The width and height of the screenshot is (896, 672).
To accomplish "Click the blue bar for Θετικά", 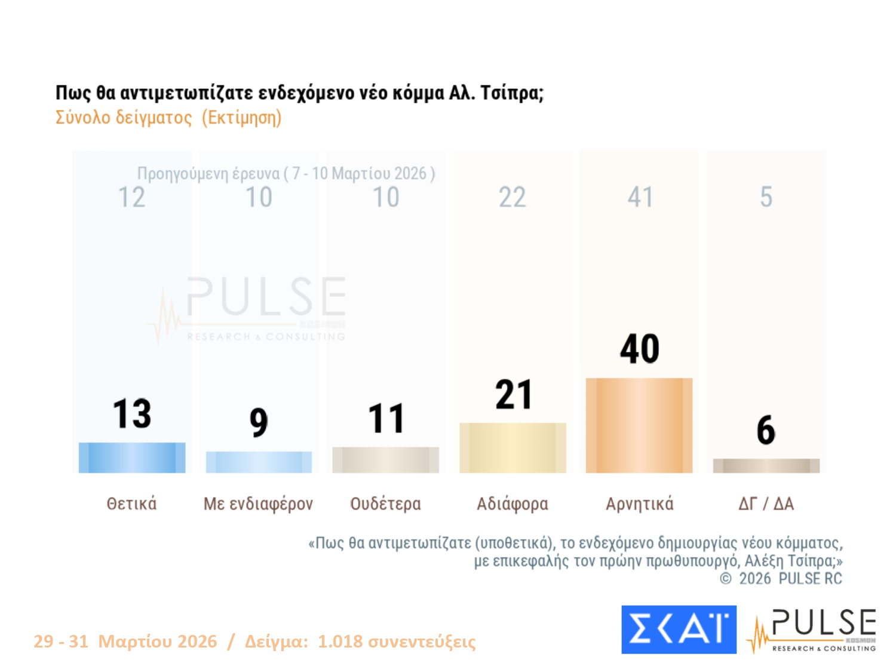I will pyautogui.click(x=132, y=458).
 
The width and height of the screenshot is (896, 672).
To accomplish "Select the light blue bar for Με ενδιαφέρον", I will pyautogui.click(x=259, y=462).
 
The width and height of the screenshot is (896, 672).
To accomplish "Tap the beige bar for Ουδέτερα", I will pyautogui.click(x=385, y=460).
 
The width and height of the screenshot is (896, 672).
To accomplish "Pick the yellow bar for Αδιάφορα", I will pyautogui.click(x=513, y=448).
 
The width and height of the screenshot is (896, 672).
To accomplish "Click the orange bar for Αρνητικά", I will pyautogui.click(x=639, y=425).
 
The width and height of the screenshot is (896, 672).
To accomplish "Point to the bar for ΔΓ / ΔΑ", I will pyautogui.click(x=766, y=466).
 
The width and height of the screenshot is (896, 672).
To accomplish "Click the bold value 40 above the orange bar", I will pyautogui.click(x=639, y=349).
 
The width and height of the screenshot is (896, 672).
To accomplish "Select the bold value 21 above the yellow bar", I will pyautogui.click(x=513, y=395).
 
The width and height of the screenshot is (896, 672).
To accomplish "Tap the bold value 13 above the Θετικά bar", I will pyautogui.click(x=132, y=413).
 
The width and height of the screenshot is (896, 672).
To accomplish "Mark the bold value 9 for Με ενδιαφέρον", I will pyautogui.click(x=259, y=422).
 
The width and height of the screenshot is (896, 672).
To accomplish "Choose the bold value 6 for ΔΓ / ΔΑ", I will pyautogui.click(x=766, y=430).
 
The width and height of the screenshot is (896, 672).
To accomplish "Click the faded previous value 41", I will pyautogui.click(x=640, y=197).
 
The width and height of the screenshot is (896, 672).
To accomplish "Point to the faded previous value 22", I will pyautogui.click(x=513, y=197).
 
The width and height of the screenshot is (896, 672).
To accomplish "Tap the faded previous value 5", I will pyautogui.click(x=766, y=197).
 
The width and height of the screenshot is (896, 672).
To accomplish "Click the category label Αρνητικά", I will pyautogui.click(x=639, y=504).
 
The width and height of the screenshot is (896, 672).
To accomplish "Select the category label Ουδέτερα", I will pyautogui.click(x=385, y=504).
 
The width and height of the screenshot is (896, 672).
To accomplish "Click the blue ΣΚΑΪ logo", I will pyautogui.click(x=679, y=630).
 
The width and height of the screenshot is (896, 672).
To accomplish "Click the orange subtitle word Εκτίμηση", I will pyautogui.click(x=241, y=118).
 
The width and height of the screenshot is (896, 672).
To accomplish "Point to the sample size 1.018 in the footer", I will pyautogui.click(x=340, y=642).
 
